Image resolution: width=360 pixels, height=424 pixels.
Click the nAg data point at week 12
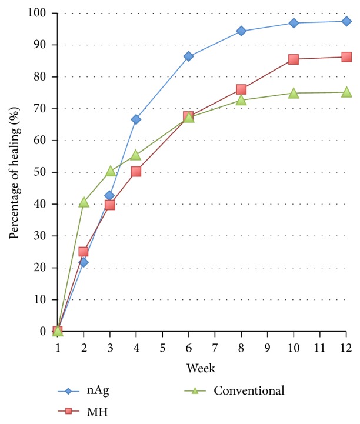tap(346, 21)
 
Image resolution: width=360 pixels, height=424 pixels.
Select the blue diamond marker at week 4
tap(136, 119)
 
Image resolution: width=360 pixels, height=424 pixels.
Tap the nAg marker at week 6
tap(188, 56)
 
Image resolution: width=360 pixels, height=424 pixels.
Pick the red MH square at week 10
tap(294, 59)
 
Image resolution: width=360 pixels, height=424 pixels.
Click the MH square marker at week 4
tap(136, 171)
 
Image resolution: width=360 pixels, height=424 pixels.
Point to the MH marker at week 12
tap(346, 57)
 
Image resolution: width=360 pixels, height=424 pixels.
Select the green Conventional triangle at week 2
tap(84, 202)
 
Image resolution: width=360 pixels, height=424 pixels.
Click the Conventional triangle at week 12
tap(346, 92)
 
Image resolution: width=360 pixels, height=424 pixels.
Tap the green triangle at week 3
tap(110, 171)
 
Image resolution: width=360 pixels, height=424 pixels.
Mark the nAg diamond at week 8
tap(241, 31)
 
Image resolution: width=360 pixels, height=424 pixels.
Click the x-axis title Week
tap(201, 369)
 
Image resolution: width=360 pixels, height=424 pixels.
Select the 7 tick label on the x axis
tap(215, 348)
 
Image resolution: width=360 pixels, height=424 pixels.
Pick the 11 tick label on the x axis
tap(320, 348)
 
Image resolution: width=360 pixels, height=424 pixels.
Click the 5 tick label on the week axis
tap(162, 348)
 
